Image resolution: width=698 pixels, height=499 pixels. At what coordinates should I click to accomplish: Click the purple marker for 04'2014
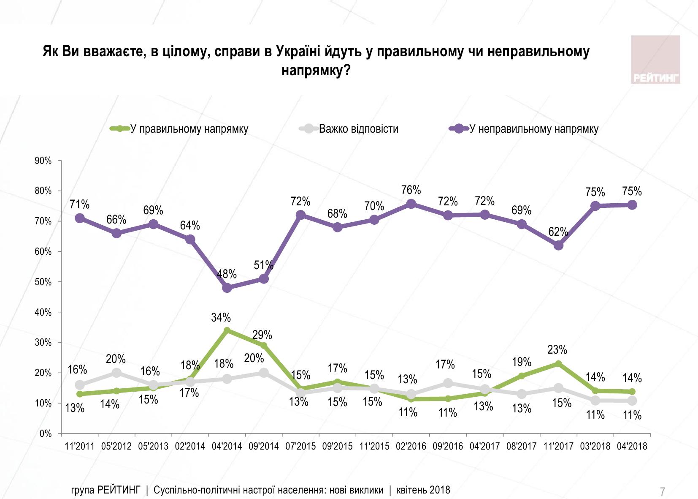(x=227, y=288)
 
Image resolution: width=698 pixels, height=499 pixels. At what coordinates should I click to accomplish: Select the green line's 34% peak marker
(x=227, y=330)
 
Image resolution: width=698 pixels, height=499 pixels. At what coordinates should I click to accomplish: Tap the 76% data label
(x=411, y=190)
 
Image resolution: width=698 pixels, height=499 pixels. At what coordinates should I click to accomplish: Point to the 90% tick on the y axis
(x=43, y=161)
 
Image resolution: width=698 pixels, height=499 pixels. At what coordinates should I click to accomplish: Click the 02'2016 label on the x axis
(x=411, y=446)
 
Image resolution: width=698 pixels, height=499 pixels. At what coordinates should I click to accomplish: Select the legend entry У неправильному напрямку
(x=534, y=129)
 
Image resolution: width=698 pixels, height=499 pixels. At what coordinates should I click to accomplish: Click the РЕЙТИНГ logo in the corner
(x=655, y=60)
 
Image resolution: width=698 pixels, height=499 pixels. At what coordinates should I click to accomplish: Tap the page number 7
(x=663, y=491)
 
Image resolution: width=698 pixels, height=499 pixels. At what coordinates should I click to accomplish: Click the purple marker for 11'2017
(x=558, y=245)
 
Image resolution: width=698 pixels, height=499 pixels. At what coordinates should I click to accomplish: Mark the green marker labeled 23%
(x=558, y=364)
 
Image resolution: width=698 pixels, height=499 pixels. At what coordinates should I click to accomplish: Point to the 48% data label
(x=227, y=274)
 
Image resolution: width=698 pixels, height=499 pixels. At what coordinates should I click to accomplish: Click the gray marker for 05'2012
(x=116, y=373)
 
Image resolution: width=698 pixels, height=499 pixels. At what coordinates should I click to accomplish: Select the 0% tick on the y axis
(x=45, y=434)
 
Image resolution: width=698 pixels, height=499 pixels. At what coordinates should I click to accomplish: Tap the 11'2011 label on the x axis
(x=79, y=446)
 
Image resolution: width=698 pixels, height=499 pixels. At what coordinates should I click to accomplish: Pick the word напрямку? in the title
(x=316, y=70)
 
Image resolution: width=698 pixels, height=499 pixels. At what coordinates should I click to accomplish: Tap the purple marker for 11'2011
(x=79, y=218)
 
